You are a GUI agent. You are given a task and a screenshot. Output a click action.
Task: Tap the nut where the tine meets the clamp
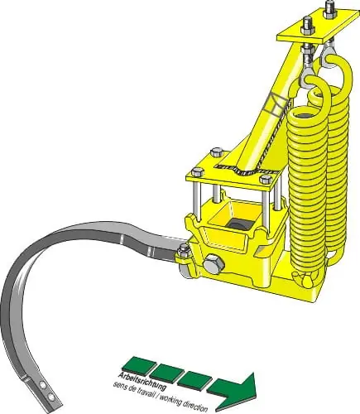point(183,251)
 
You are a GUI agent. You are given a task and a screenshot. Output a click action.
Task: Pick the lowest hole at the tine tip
point(50,397)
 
